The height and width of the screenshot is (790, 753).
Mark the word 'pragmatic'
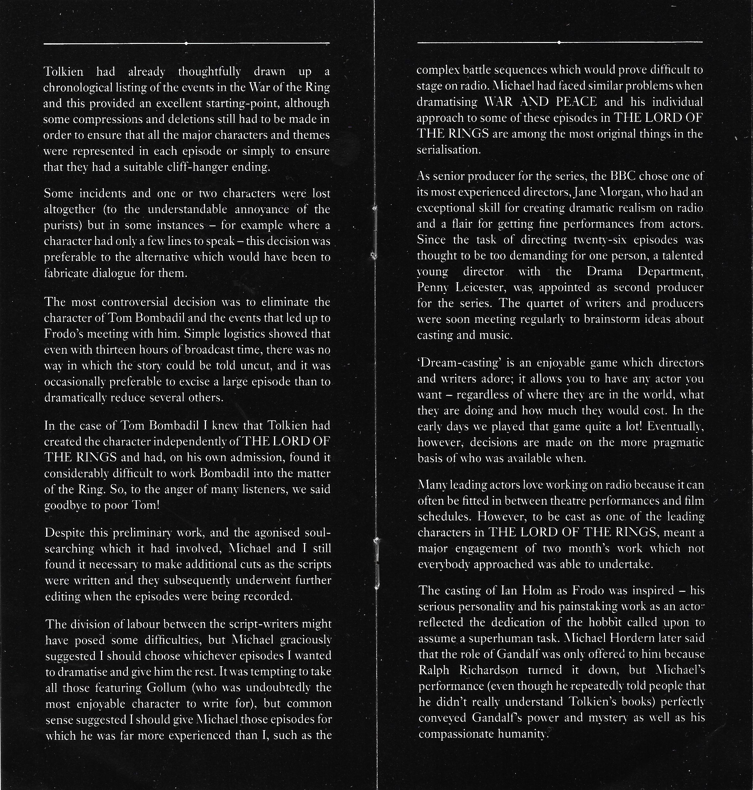[678, 442]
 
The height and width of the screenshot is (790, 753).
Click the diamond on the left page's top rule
[186, 43]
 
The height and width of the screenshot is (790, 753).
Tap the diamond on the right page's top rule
[559, 42]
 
